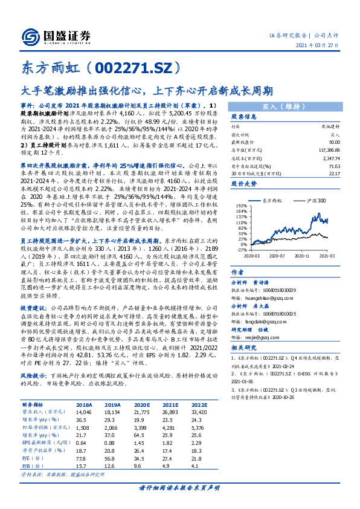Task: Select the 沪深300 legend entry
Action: pos(315,200)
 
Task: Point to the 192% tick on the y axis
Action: pos(240,207)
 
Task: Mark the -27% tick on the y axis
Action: pos(241,250)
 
